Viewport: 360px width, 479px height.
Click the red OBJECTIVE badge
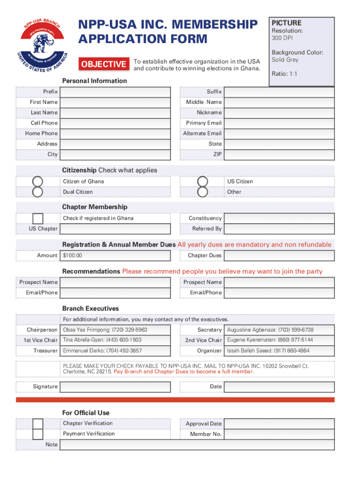(x=103, y=64)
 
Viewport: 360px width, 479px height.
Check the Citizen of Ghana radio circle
(x=37, y=181)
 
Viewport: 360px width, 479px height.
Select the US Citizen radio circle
(x=202, y=181)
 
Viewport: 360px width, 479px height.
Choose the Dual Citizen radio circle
(x=37, y=192)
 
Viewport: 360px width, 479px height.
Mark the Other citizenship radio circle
(x=202, y=192)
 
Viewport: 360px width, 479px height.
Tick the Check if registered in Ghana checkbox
(x=38, y=218)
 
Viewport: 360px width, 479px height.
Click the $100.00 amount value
(x=72, y=256)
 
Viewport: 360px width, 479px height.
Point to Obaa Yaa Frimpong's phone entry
(x=105, y=330)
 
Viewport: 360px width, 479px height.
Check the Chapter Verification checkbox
(x=38, y=424)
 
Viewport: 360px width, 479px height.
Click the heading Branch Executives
(x=91, y=309)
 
